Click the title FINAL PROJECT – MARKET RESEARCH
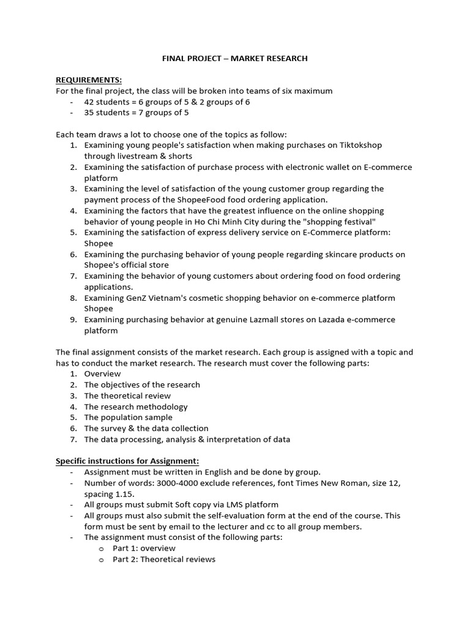point(234,59)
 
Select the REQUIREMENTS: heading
point(89,80)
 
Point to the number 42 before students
point(89,101)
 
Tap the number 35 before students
point(89,112)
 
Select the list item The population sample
point(128,418)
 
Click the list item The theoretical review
point(127,396)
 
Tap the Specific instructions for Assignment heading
point(127,460)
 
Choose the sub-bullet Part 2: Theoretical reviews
point(164,559)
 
